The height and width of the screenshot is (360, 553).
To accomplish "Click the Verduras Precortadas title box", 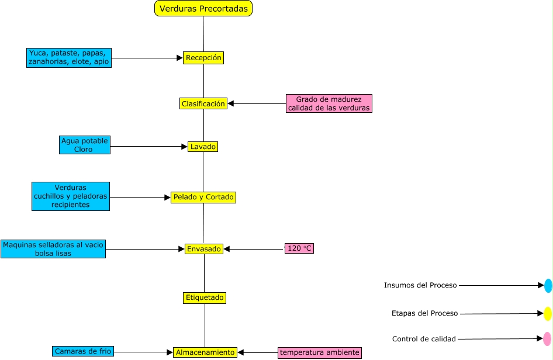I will pos(203,8).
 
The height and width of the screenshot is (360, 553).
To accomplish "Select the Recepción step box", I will pos(203,58).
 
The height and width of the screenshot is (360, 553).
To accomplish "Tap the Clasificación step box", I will pos(203,103).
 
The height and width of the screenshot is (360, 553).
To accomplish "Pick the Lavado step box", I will pos(203,147).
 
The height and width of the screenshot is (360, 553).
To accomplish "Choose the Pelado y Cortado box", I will pos(203,197).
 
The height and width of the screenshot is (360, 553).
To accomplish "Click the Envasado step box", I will pos(203,248).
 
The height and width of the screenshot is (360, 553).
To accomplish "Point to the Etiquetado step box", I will pos(204,297).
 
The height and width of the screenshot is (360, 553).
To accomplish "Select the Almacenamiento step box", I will pos(205,352).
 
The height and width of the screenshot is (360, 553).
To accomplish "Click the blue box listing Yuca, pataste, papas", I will pos(69,57).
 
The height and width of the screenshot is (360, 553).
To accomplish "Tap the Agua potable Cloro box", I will pos(85,145).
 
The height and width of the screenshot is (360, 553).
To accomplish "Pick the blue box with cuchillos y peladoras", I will pos(70,196).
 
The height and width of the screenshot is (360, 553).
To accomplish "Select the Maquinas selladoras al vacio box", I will pos(53,249).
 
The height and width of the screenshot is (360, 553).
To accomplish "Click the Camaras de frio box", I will pos(83,351).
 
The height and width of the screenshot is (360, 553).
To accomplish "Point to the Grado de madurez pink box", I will pos(329,103).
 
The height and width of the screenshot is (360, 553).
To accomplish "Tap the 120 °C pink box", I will pos(299,248).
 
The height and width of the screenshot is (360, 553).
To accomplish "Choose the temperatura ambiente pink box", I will pos(319,352).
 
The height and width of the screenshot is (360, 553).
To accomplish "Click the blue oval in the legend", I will pos(548,286).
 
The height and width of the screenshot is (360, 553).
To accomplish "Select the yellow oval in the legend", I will pos(548,314).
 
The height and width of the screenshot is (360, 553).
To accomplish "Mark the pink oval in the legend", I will pos(547,339).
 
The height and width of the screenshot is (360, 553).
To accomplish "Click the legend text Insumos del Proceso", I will pos(420,285).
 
